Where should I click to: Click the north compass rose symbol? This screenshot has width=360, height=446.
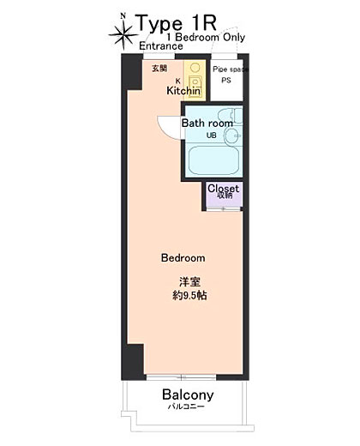tap(123, 33)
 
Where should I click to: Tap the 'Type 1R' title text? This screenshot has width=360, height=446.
tap(177, 23)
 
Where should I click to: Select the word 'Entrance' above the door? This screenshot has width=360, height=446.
tap(161, 45)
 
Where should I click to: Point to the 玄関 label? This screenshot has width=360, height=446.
tap(159, 69)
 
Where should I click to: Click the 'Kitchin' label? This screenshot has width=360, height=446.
tap(183, 91)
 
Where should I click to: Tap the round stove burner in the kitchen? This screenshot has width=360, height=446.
tap(195, 68)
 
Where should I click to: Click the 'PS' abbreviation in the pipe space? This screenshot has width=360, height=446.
tap(226, 81)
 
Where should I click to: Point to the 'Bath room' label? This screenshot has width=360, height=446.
tap(207, 124)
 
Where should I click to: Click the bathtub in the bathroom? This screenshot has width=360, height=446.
tap(213, 160)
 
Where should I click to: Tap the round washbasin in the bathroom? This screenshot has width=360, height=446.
tap(232, 136)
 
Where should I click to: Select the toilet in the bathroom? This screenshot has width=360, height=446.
tap(231, 116)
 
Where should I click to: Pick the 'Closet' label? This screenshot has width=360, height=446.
tap(223, 189)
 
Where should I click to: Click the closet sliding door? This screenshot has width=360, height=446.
tap(224, 209)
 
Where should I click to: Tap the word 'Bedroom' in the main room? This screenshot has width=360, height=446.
tap(183, 258)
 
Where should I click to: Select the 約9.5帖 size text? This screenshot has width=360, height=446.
tap(189, 295)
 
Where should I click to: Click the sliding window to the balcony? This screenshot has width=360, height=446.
tap(181, 377)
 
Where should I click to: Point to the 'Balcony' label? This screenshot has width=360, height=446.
tap(188, 395)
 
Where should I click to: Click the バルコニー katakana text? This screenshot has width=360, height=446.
tap(186, 407)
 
